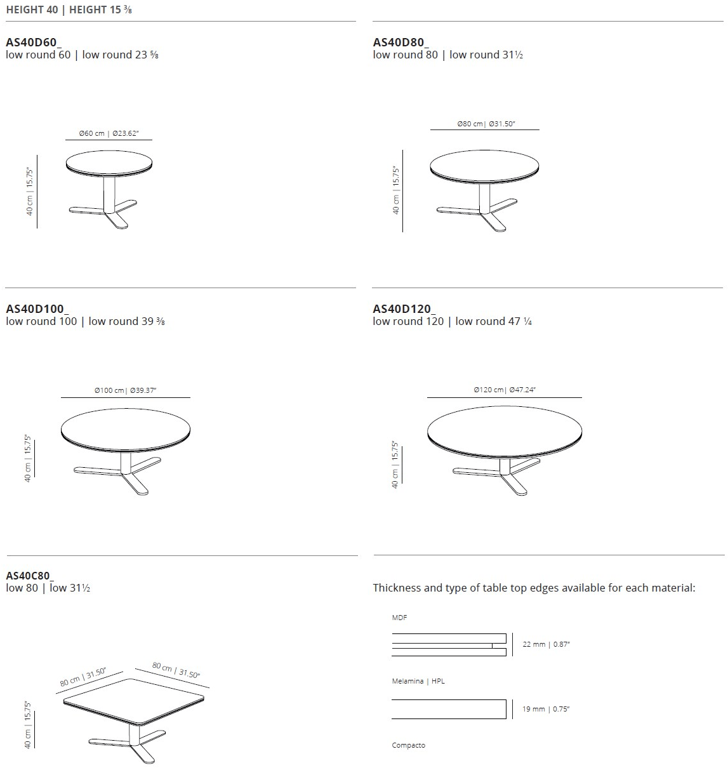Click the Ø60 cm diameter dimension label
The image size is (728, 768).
(108, 133)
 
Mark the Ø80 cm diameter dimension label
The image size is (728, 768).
(486, 124)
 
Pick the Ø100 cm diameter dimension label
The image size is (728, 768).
(124, 390)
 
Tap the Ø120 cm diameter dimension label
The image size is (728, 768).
(505, 390)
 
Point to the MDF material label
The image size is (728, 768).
(399, 618)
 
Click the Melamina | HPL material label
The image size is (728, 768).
(418, 681)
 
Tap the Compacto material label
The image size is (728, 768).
(408, 745)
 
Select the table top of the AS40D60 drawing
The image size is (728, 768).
(109, 163)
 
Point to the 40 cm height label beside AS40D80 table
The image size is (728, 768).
(395, 191)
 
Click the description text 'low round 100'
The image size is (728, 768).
(41, 321)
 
